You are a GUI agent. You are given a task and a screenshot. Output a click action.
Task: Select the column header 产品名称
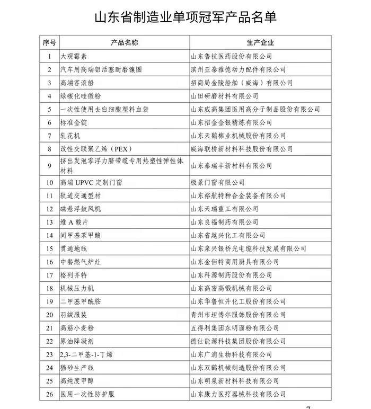pyautogui.click(x=125, y=42)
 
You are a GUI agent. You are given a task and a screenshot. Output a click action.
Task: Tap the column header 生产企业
pyautogui.click(x=260, y=42)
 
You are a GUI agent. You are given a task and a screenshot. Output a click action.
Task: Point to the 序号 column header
pyautogui.click(x=49, y=42)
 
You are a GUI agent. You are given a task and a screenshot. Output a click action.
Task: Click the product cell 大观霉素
pyautogui.click(x=73, y=56)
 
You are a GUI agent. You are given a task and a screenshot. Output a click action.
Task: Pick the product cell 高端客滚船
pyautogui.click(x=76, y=83)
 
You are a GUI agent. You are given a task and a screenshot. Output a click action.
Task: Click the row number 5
pyautogui.click(x=49, y=109)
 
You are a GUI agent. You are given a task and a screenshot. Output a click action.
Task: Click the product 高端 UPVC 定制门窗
pyautogui.click(x=91, y=182)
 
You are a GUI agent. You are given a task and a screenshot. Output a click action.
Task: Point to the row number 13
pyautogui.click(x=49, y=222)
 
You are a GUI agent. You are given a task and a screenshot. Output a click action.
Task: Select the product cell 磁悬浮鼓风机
pyautogui.click(x=80, y=209)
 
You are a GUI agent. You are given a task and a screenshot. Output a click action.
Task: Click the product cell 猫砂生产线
pyautogui.click(x=76, y=368)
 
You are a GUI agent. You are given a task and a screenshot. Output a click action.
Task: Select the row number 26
pyautogui.click(x=49, y=394)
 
